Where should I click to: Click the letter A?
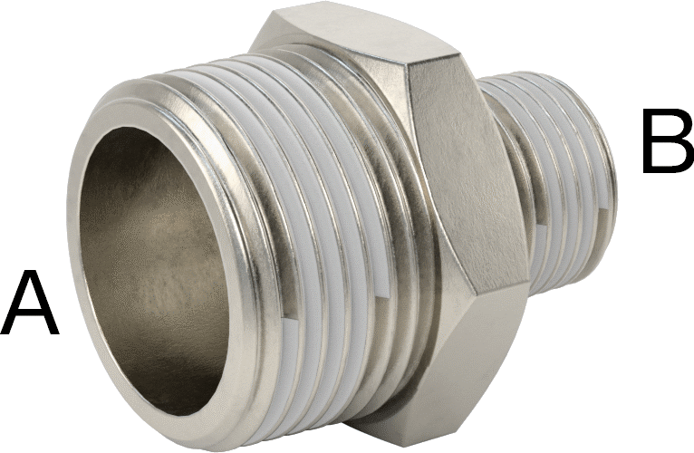[30, 304]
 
